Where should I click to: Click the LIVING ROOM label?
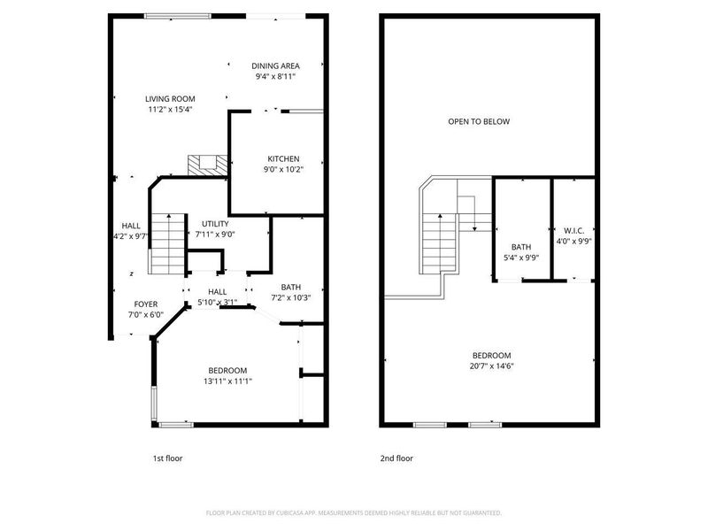pyautogui.click(x=171, y=98)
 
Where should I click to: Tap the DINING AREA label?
pyautogui.click(x=274, y=65)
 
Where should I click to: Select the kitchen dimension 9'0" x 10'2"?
pyautogui.click(x=283, y=170)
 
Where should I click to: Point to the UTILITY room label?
pyautogui.click(x=215, y=224)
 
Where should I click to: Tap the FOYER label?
pyautogui.click(x=146, y=304)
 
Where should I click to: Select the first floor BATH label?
pyautogui.click(x=291, y=287)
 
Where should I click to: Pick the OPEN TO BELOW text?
pyautogui.click(x=478, y=121)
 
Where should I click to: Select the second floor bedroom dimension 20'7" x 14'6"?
pyautogui.click(x=491, y=366)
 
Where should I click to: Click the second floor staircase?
pyautogui.click(x=440, y=239)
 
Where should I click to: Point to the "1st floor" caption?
pyautogui.click(x=167, y=458)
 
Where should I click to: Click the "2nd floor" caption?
pyautogui.click(x=397, y=458)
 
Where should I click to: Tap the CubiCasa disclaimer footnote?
pyautogui.click(x=354, y=512)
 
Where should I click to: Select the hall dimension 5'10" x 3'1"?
pyautogui.click(x=218, y=303)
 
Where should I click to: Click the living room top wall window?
pyautogui.click(x=178, y=15)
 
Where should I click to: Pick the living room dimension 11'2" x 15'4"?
pyautogui.click(x=171, y=110)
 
